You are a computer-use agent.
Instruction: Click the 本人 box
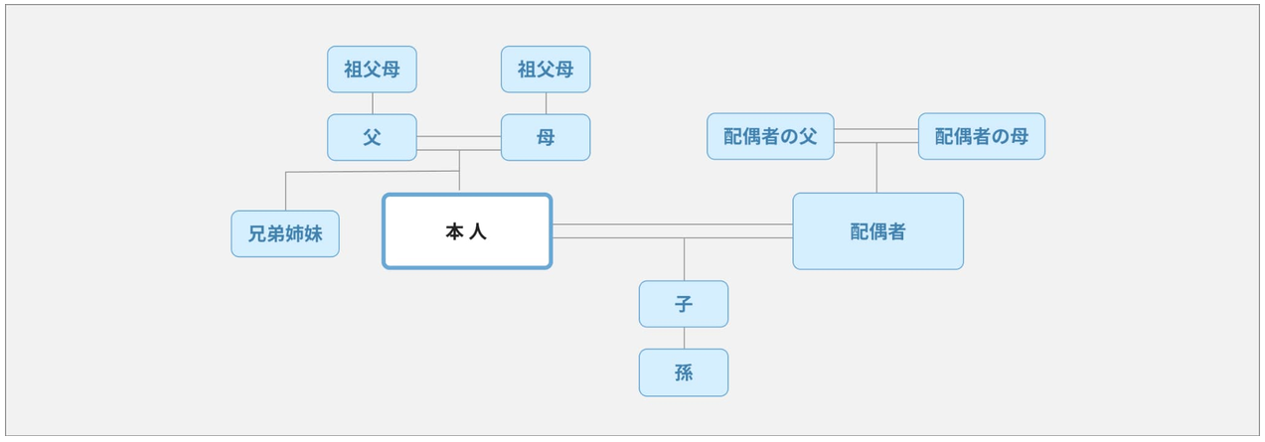[467, 231]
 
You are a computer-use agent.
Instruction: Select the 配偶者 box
[878, 231]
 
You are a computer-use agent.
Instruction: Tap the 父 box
[373, 137]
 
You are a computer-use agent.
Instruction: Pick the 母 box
[546, 137]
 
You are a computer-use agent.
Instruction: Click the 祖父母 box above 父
[373, 70]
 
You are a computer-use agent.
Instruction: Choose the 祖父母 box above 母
[546, 70]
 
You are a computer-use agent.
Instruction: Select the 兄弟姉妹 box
[285, 233]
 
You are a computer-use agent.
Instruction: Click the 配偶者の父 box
[770, 136]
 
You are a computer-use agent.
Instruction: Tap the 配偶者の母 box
[982, 136]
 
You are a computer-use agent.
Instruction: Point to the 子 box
[684, 304]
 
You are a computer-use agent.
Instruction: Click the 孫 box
[684, 372]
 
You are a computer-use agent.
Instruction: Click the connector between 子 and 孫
[684, 338]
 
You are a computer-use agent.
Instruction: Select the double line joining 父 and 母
[459, 143]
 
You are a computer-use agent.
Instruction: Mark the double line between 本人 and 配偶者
[672, 230]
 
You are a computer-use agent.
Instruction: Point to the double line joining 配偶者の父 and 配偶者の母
[875, 135]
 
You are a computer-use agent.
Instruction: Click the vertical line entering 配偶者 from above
[876, 168]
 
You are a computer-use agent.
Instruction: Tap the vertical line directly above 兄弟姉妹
[286, 192]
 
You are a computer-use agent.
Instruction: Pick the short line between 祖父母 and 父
[373, 103]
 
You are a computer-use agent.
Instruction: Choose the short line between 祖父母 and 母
[546, 103]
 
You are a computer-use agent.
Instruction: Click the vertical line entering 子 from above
[684, 259]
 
